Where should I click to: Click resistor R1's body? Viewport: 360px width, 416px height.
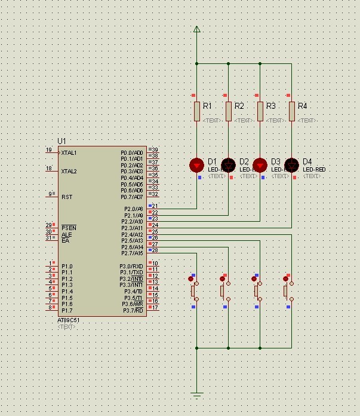(197, 111)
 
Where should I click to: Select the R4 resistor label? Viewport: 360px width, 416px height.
(302, 106)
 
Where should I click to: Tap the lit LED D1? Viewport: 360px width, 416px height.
(196, 165)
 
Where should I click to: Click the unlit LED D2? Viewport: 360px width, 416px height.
(228, 165)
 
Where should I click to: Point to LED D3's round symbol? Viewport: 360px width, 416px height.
(260, 165)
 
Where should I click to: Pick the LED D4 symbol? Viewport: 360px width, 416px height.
(291, 165)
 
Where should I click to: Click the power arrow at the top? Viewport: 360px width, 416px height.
(196, 29)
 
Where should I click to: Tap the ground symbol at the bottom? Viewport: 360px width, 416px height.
(196, 394)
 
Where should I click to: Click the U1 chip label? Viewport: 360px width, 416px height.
(61, 141)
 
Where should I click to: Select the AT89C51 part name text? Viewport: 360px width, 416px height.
(68, 320)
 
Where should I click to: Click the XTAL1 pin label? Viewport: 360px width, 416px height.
(69, 152)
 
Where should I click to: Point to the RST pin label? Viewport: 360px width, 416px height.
(66, 197)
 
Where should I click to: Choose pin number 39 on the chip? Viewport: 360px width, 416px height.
(154, 150)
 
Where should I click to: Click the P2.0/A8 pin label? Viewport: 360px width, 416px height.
(133, 209)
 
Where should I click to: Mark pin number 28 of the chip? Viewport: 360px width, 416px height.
(154, 250)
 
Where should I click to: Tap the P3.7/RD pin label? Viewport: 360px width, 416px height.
(133, 310)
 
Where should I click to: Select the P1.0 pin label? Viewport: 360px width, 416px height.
(67, 266)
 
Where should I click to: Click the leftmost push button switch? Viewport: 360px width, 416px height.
(193, 290)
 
